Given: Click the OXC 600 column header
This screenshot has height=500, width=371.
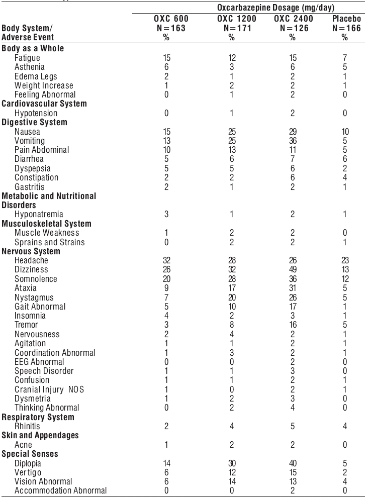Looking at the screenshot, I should coord(165,19).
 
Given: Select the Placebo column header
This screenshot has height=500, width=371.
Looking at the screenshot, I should coord(344,19).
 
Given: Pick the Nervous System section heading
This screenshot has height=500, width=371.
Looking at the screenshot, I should coord(31,251).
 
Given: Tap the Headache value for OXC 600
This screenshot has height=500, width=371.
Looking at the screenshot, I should coord(165,261).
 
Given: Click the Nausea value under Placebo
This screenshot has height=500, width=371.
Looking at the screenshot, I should coord(344,131).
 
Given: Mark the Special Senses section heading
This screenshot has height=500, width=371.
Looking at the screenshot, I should coord(30,454).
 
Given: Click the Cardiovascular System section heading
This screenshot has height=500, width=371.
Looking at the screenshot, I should coord(44,104).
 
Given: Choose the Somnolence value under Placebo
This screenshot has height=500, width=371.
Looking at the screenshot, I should coord(344,279).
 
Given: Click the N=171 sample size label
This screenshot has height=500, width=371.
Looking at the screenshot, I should coord(231,28).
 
